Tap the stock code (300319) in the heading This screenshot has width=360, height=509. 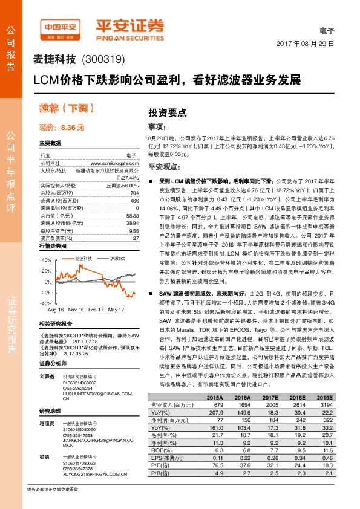point(102,60)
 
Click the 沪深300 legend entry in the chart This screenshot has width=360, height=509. point(116,258)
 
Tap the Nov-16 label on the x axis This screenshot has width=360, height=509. point(76,309)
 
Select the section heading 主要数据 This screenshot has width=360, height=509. point(50,143)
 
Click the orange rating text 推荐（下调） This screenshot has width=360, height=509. point(69,109)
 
